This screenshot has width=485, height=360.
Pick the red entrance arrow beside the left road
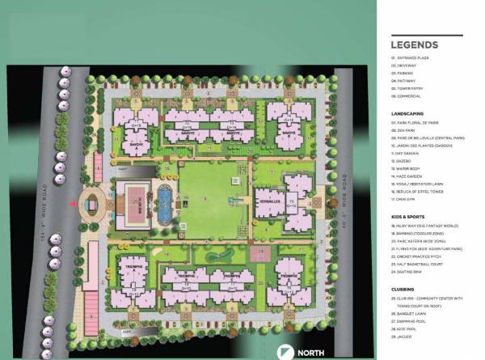tap(77, 205)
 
